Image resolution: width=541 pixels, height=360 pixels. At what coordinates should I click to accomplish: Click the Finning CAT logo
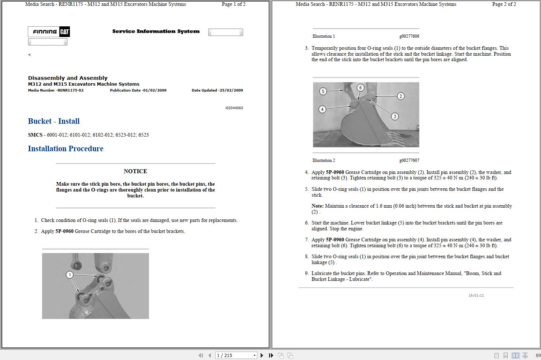(49, 32)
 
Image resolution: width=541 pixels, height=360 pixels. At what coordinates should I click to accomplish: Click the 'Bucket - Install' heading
(54, 121)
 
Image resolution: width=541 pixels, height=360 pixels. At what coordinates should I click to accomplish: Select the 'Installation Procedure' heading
(66, 149)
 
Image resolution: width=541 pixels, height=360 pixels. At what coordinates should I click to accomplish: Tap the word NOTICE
(135, 171)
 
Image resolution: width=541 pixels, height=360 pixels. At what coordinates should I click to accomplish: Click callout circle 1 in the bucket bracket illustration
(70, 275)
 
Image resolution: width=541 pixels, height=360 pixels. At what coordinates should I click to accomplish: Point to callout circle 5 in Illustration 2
(323, 91)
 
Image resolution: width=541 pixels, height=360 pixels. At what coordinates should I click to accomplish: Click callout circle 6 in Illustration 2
(361, 88)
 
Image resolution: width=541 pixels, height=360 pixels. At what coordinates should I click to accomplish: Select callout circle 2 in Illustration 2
(401, 96)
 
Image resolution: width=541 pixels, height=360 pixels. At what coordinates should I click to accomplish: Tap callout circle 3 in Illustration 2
(395, 116)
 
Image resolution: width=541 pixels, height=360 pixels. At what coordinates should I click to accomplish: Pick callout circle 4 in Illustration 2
(322, 109)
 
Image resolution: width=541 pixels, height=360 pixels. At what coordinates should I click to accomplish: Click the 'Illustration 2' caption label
(324, 160)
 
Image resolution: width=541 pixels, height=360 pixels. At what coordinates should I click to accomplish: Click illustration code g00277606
(409, 36)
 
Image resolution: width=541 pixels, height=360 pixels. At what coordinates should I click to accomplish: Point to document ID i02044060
(234, 108)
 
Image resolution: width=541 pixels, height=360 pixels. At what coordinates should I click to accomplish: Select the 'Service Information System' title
(156, 31)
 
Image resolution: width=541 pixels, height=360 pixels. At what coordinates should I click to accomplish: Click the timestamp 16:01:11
(476, 296)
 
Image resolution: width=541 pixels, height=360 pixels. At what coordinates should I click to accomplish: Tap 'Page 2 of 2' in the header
(504, 4)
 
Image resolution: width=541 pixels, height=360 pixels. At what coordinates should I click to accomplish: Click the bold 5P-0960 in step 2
(64, 231)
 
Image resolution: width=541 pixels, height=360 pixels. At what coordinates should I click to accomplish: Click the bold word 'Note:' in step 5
(317, 206)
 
